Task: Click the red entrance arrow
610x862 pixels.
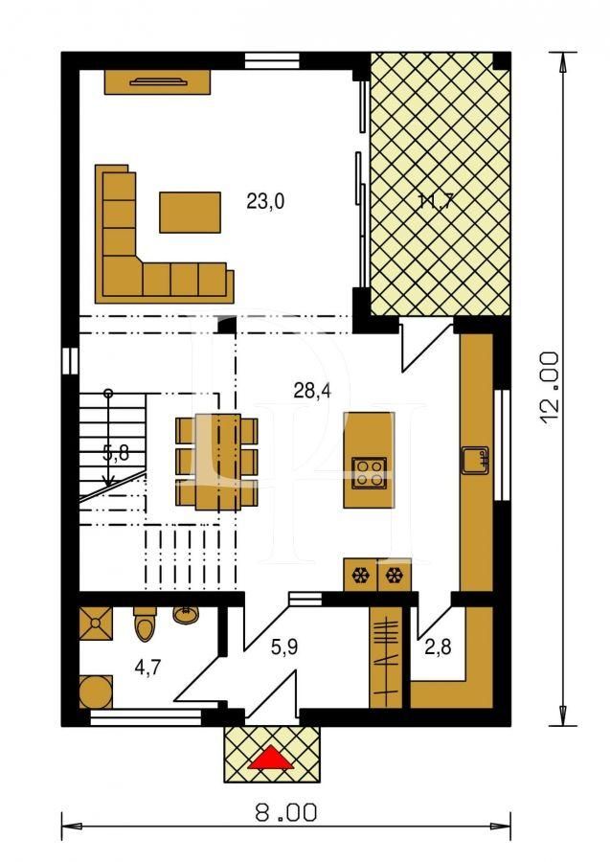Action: coord(271,759)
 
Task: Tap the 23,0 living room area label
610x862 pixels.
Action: coord(265,202)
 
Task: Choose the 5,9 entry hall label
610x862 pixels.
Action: coord(283,648)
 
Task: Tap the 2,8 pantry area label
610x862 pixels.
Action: coord(438,648)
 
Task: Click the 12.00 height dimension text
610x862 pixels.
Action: coord(549,383)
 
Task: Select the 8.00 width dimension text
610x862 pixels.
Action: coord(285,814)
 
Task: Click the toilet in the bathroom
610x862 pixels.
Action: coord(145,625)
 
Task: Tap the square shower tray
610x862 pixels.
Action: coord(97,624)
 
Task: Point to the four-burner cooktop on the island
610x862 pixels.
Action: coord(369,470)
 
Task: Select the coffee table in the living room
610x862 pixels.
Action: coord(190,212)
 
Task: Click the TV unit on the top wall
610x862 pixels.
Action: coord(157,81)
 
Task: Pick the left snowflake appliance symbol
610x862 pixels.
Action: coord(361,576)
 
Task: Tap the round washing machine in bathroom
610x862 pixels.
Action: coord(96,690)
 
